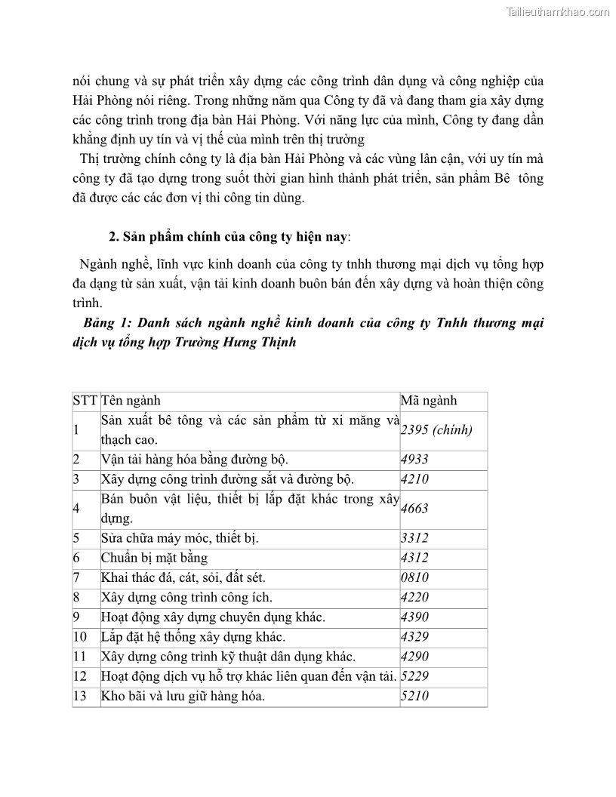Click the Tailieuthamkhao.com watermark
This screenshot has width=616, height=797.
pyautogui.click(x=558, y=12)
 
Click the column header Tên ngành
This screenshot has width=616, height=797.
pyautogui.click(x=131, y=401)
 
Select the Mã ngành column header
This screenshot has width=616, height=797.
pyautogui.click(x=429, y=401)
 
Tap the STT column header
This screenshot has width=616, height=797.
pyautogui.click(x=85, y=401)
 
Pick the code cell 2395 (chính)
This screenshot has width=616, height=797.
pyautogui.click(x=436, y=430)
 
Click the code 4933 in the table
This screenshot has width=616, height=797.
pyautogui.click(x=414, y=459)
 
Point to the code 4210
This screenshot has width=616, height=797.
pyautogui.click(x=414, y=479)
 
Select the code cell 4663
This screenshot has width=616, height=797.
pyautogui.click(x=414, y=509)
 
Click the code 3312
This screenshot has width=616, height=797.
pyautogui.click(x=414, y=538)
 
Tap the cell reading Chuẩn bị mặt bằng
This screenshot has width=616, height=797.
pyautogui.click(x=154, y=558)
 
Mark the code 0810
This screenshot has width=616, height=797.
pyautogui.click(x=414, y=577)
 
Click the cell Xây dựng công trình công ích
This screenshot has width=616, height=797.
pyautogui.click(x=186, y=598)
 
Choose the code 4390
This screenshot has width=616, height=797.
pyautogui.click(x=414, y=617)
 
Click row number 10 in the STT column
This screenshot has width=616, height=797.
pyautogui.click(x=80, y=637)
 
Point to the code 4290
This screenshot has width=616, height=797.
pyautogui.click(x=414, y=657)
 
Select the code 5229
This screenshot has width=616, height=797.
pyautogui.click(x=414, y=676)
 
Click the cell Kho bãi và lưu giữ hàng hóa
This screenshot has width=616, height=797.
pyautogui.click(x=183, y=696)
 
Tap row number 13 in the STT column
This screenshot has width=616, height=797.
pyautogui.click(x=80, y=696)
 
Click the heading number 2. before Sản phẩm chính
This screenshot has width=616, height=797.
pyautogui.click(x=115, y=236)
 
